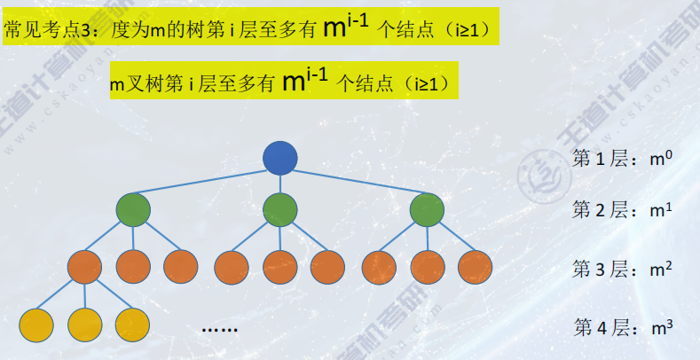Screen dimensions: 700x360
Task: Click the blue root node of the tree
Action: click(x=280, y=158)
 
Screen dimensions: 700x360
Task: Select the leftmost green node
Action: click(x=133, y=210)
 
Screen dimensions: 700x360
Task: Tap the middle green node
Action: click(x=280, y=210)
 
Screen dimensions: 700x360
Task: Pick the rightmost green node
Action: click(x=427, y=210)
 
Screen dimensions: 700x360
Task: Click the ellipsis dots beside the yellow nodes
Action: click(x=219, y=329)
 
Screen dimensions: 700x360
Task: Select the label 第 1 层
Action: click(x=600, y=160)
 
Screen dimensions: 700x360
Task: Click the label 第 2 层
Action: click(x=600, y=211)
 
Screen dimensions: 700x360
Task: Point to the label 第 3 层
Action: click(x=600, y=268)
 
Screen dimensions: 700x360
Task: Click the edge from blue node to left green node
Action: click(x=206, y=184)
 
